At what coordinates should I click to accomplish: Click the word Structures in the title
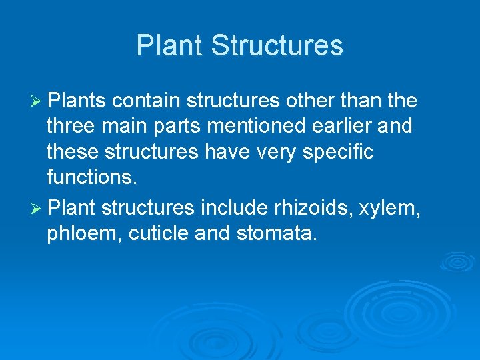[x=277, y=45]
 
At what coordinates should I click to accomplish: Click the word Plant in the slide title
[x=170, y=45]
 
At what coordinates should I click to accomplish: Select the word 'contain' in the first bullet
[x=146, y=101]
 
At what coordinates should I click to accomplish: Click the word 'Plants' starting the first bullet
[x=78, y=101]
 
